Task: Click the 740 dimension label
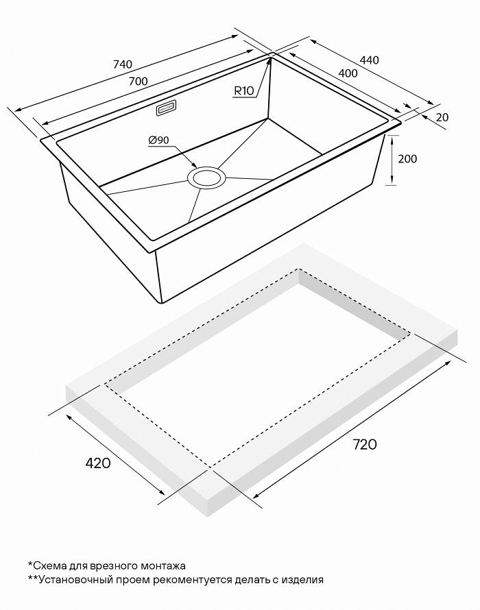click(x=123, y=64)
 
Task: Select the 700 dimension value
click(x=139, y=82)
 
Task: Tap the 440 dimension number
click(x=369, y=60)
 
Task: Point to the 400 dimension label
click(x=348, y=73)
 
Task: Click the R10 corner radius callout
click(x=244, y=91)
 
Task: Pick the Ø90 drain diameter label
click(x=158, y=140)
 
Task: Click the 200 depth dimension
click(x=407, y=159)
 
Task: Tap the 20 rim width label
click(x=442, y=117)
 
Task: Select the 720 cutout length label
click(x=365, y=444)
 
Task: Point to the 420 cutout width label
click(x=97, y=463)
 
